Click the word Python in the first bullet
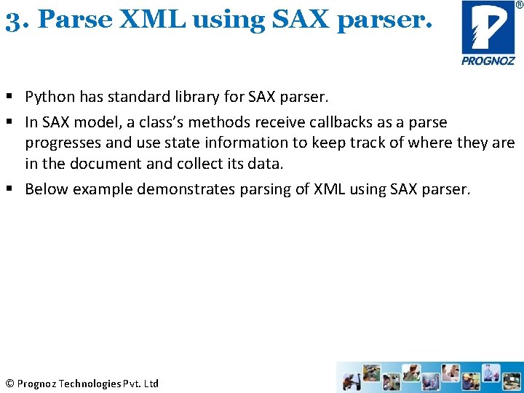pyautogui.click(x=49, y=97)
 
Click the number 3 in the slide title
pyautogui.click(x=11, y=20)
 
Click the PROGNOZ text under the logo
pyautogui.click(x=488, y=61)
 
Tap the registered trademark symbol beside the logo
pyautogui.click(x=518, y=4)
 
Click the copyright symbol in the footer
pyautogui.click(x=9, y=384)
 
